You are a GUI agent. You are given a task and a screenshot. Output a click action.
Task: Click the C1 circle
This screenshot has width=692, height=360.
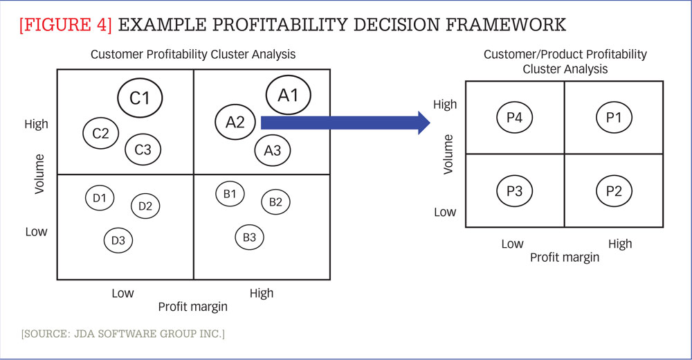(x=140, y=98)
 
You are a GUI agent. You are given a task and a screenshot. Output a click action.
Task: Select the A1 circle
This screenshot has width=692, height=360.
(x=288, y=95)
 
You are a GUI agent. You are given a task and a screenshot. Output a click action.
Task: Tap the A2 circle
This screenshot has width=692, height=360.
(x=235, y=123)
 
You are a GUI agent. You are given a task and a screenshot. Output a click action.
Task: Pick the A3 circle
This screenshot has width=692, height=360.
(x=273, y=150)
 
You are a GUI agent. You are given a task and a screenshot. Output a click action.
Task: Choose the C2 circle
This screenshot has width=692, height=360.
(x=101, y=133)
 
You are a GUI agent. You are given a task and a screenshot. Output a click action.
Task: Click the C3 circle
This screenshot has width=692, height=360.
(x=143, y=149)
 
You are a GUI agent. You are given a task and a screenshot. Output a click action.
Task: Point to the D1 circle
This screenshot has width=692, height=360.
(x=100, y=198)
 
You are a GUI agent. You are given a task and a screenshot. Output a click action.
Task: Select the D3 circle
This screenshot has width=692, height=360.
(x=118, y=240)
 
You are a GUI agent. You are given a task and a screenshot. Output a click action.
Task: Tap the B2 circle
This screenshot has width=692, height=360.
(x=275, y=202)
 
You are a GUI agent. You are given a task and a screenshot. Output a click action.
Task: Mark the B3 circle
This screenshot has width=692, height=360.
(x=250, y=237)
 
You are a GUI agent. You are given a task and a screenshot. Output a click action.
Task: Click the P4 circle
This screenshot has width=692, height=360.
(x=514, y=118)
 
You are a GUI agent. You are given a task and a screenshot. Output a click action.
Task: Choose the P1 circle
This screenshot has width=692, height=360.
(x=614, y=118)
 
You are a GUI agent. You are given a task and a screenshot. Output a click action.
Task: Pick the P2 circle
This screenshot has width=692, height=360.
(x=614, y=191)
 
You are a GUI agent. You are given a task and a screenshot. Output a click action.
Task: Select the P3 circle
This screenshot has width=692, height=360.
(x=514, y=191)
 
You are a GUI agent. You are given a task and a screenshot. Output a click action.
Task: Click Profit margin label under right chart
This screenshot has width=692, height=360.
(x=565, y=258)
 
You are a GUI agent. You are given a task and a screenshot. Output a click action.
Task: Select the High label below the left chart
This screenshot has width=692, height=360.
(x=262, y=293)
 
